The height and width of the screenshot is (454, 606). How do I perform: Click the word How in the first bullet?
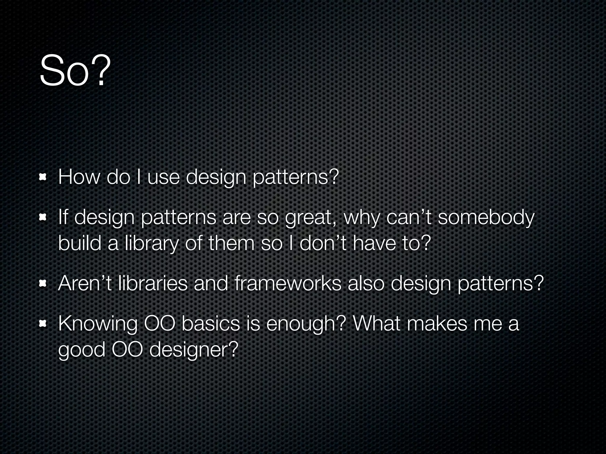(79, 177)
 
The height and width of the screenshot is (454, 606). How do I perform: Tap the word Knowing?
(98, 324)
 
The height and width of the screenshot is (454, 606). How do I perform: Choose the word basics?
(210, 324)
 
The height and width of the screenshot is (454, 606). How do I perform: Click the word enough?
(306, 324)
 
